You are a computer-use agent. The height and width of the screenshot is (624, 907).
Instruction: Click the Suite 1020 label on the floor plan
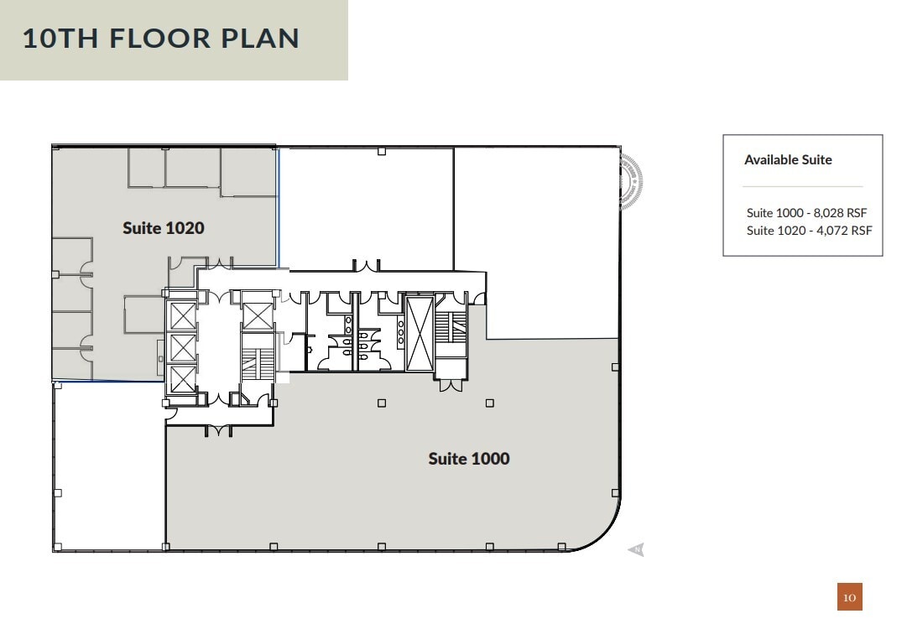[x=164, y=228]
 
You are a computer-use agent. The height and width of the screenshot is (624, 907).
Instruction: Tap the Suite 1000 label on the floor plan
[x=469, y=459]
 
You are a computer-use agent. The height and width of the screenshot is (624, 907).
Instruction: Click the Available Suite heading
[x=788, y=160]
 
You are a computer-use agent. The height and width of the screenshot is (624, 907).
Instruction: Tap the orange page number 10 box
[x=849, y=597]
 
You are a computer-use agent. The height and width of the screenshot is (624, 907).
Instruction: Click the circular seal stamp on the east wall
[x=630, y=180]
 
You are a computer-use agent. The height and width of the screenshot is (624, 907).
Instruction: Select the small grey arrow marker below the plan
[x=636, y=549]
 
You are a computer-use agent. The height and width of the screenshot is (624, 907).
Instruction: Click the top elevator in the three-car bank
[x=183, y=315]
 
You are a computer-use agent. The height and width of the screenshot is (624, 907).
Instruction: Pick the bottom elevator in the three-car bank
[x=183, y=379]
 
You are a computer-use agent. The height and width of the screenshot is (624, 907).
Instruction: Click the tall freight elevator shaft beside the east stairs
[x=420, y=333]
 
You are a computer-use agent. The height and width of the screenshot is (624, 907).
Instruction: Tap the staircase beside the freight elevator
[x=451, y=326]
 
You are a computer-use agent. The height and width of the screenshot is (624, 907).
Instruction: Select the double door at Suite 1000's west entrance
[x=218, y=431]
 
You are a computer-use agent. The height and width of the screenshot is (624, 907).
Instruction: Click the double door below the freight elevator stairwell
[x=451, y=386]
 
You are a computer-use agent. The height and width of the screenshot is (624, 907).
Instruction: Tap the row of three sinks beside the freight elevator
[x=399, y=333]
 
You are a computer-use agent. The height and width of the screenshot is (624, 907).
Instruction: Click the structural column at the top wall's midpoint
[x=382, y=151]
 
